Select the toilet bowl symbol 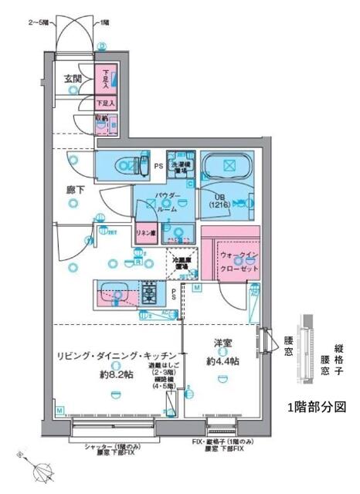(124, 164)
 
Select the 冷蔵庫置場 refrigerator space (182, 264)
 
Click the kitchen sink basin (118, 293)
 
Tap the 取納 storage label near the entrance (101, 118)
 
